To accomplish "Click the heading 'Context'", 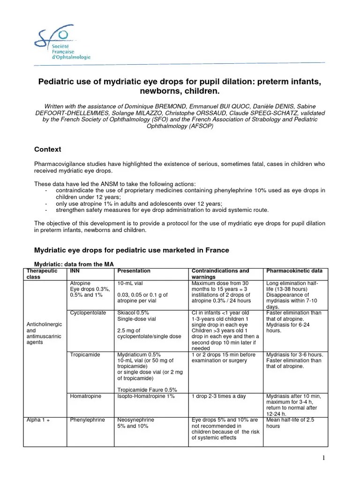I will (47, 150).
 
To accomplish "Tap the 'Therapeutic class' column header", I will (42, 274).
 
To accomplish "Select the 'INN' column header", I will (74, 271).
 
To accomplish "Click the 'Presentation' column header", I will (134, 271).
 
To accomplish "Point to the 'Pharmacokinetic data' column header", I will (294, 271).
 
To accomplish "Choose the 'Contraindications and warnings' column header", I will (220, 274).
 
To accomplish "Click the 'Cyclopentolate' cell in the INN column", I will (88, 313).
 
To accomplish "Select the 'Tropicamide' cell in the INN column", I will (85, 355).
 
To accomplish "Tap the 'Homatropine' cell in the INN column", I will (85, 397).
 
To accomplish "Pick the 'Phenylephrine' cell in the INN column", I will (87, 420).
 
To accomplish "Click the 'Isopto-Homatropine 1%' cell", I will (146, 397).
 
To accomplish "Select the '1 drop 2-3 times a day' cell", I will (218, 397).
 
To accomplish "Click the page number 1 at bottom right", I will (324, 458).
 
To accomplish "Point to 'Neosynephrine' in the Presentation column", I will (135, 420).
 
